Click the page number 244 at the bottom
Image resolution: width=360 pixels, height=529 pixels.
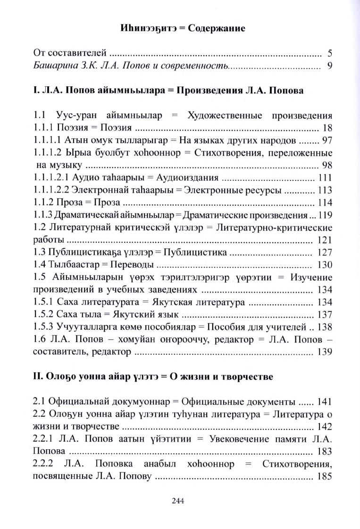[x=180, y=501]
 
